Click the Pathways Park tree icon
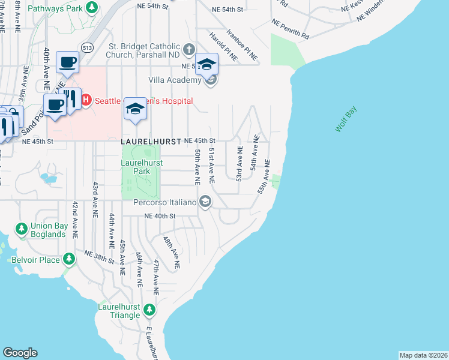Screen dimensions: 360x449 click(x=92, y=8)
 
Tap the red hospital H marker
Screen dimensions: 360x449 click(x=86, y=100)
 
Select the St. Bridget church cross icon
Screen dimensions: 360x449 click(x=189, y=49)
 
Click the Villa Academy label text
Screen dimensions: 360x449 click(x=175, y=80)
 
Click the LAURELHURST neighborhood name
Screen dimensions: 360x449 click(x=151, y=142)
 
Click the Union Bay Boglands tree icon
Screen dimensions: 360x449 click(x=22, y=229)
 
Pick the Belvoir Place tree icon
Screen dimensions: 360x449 click(x=70, y=259)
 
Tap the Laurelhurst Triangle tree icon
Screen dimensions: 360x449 click(x=149, y=310)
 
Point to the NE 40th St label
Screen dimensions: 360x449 click(x=158, y=216)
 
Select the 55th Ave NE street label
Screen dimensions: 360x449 click(x=263, y=176)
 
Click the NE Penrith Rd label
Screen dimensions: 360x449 click(x=291, y=28)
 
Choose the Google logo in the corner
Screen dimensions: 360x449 click(x=20, y=353)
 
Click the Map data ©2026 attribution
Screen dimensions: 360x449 click(x=423, y=355)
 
